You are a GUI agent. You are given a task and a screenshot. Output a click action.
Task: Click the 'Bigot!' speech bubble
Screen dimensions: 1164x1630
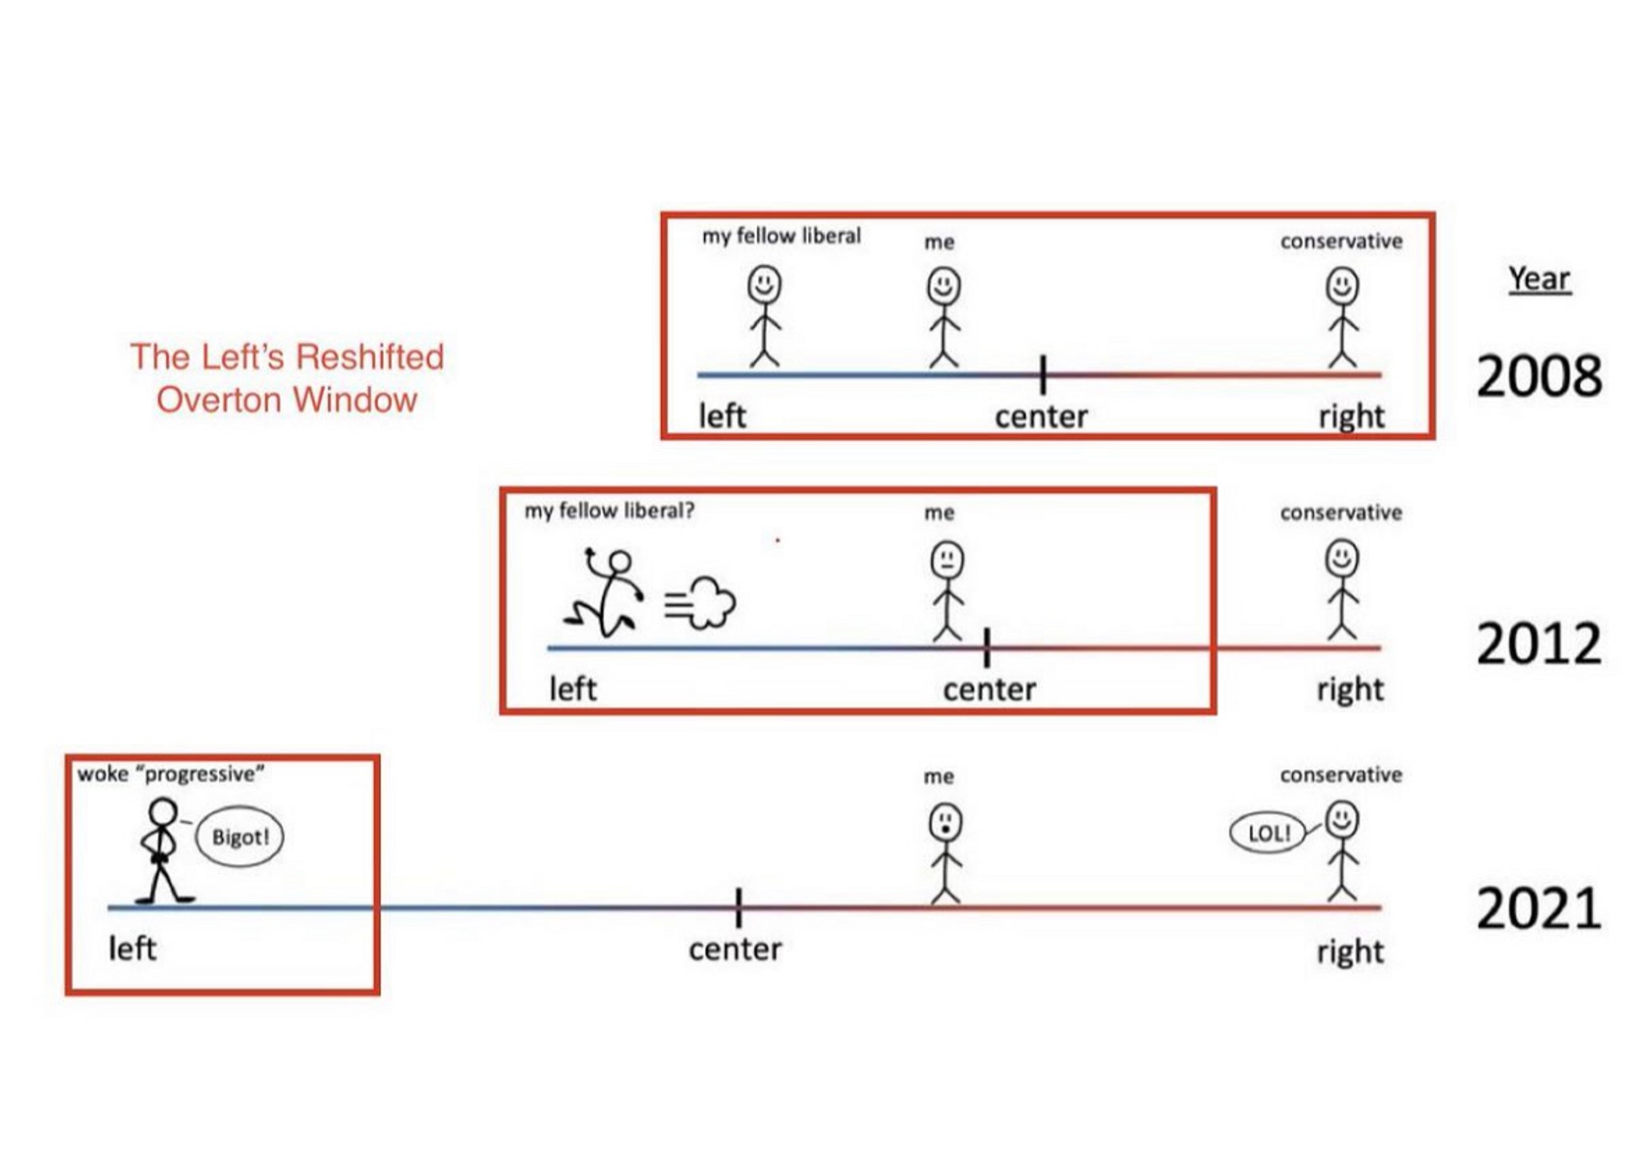point(240,837)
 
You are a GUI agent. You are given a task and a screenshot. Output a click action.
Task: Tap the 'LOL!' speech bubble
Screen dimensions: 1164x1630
point(1268,834)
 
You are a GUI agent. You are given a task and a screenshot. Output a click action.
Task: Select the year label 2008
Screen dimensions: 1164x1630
point(1538,376)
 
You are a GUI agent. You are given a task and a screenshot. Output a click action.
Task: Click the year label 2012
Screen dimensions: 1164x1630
point(1538,643)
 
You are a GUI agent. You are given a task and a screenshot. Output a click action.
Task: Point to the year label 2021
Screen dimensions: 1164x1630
point(1538,908)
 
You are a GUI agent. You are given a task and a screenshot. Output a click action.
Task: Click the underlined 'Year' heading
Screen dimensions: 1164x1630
point(1539,279)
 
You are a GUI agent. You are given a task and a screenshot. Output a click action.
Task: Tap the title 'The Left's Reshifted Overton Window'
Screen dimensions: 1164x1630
point(287,378)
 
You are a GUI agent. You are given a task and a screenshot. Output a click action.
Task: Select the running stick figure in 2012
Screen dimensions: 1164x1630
point(606,593)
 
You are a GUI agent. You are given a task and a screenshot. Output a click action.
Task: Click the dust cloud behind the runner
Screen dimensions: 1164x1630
point(704,603)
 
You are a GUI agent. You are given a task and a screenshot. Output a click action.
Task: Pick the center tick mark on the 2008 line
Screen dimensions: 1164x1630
point(1043,374)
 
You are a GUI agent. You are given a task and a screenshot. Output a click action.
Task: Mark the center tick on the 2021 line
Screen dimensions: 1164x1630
point(739,908)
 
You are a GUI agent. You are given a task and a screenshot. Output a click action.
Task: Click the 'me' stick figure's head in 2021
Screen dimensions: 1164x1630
point(945,822)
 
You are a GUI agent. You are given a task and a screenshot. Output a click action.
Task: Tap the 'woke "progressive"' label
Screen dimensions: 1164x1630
point(170,774)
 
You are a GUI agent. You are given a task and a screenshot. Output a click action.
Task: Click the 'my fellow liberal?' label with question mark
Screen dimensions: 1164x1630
point(609,510)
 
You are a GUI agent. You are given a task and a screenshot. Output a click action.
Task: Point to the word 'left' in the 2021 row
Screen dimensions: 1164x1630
point(132,948)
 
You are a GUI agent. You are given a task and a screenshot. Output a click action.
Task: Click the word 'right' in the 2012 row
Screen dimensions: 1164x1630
point(1350,689)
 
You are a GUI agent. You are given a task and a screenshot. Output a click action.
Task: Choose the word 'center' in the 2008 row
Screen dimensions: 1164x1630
point(1041,416)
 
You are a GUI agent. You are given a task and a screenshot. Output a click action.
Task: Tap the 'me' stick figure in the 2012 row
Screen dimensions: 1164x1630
point(946,592)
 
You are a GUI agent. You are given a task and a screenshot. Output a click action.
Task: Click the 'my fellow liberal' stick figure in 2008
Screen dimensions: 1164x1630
point(764,317)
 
